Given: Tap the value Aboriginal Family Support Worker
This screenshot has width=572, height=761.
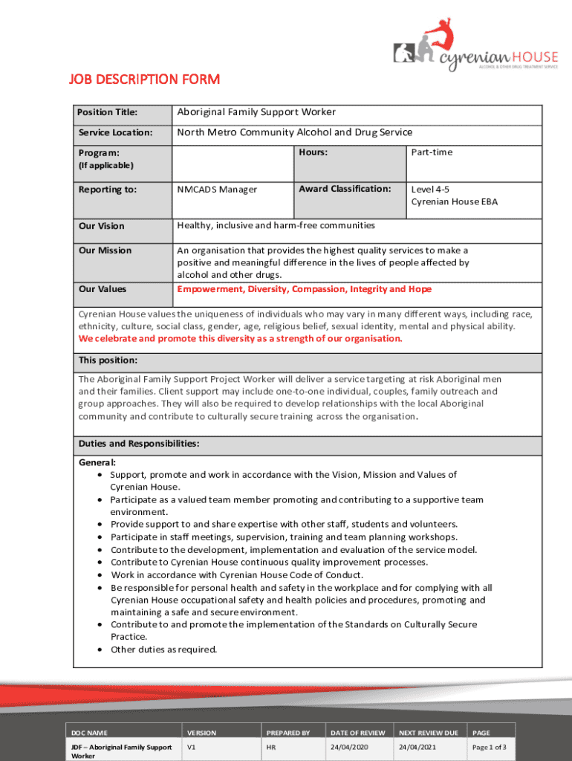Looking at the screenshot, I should (x=256, y=112).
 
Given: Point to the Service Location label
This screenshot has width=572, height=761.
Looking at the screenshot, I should (x=115, y=133).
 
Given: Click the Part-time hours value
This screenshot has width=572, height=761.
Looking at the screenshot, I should (x=432, y=152).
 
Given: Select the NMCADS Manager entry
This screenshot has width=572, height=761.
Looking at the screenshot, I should (x=217, y=190).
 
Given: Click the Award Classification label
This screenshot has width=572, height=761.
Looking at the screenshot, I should (x=345, y=189).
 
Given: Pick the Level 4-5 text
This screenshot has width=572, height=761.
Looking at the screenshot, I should (x=430, y=189).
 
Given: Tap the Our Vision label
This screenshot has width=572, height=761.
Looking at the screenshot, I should (x=102, y=226).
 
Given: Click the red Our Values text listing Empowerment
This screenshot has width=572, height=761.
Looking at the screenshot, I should (x=304, y=289).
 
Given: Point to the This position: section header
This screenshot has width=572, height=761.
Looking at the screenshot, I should (x=108, y=360).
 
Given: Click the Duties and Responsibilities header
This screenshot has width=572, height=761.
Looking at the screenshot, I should (x=139, y=444).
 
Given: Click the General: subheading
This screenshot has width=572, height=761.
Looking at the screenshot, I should (x=97, y=462).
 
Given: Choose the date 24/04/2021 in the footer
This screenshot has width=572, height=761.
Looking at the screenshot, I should (x=418, y=747).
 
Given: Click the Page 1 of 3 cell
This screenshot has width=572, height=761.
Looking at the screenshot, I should (x=490, y=747).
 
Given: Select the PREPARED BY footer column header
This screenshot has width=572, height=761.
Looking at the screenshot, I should (x=287, y=733).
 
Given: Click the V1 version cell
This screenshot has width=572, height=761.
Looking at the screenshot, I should (x=192, y=747).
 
